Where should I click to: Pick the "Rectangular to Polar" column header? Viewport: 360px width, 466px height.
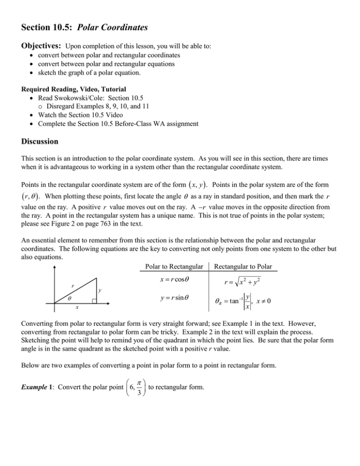(245, 254)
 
